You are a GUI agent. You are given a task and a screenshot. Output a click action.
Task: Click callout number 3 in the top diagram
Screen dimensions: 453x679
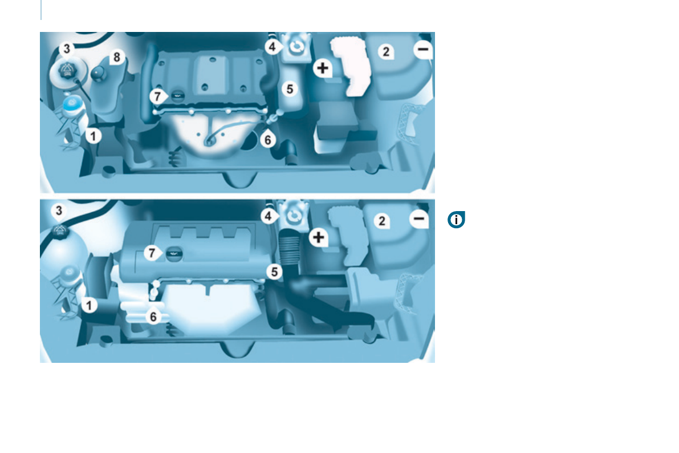67,50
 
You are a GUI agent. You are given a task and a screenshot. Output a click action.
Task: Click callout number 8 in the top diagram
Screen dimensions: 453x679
117,57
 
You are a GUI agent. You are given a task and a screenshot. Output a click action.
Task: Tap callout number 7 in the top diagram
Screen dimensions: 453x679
158,96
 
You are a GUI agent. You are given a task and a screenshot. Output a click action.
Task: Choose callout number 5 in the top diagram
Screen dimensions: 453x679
290,89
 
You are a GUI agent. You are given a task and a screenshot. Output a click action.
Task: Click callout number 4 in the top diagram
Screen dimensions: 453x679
273,47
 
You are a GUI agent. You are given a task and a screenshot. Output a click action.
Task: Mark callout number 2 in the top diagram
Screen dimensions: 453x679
386,52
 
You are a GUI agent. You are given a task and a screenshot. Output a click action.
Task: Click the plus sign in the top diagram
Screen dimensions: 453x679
323,68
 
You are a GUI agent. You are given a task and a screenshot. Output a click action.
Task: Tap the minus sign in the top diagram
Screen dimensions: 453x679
422,50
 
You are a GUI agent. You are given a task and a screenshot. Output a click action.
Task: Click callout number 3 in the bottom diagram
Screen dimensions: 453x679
59,211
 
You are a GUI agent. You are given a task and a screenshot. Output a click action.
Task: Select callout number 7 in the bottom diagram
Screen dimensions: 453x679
152,254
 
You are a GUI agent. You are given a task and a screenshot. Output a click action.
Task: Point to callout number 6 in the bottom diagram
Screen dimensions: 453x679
153,316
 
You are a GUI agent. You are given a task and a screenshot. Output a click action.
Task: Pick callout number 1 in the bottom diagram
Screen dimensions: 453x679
89,306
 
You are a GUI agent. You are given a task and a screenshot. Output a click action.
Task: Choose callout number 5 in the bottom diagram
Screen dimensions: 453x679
275,272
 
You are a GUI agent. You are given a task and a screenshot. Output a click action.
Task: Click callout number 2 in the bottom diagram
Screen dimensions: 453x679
382,221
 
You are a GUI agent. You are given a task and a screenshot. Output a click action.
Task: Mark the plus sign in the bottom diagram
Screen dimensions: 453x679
319,237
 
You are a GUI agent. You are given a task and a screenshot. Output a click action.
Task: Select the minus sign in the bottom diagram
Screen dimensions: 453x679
419,219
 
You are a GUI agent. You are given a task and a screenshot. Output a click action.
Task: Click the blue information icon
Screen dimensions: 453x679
456,220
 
